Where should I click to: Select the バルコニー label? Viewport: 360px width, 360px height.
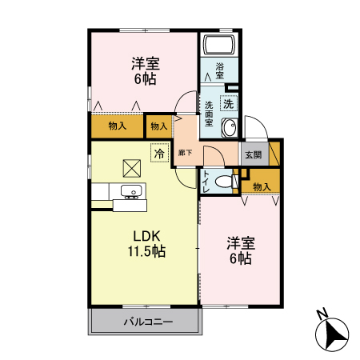[144, 323]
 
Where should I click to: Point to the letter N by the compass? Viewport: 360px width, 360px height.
[321, 314]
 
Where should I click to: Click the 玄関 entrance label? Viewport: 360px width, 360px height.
[254, 154]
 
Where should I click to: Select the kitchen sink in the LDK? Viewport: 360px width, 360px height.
[130, 191]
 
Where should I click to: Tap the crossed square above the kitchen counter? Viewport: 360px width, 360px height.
[130, 167]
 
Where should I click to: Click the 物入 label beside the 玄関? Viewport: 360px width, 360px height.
[262, 186]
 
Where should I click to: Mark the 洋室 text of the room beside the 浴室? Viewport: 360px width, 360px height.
[145, 63]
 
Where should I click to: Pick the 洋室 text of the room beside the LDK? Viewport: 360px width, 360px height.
[240, 243]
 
